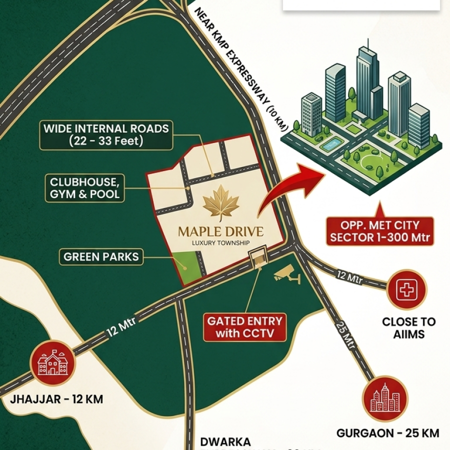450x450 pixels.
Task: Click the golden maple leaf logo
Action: tap(221, 203)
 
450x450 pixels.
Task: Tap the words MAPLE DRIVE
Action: tap(221, 233)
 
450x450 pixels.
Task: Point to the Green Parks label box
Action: tap(101, 257)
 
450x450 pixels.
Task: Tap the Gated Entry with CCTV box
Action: tap(245, 327)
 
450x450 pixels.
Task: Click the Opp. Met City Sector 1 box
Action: tap(379, 231)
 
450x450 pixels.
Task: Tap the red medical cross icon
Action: tap(406, 289)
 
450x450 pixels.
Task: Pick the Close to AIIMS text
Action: tap(408, 328)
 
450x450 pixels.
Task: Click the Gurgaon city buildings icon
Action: tap(385, 398)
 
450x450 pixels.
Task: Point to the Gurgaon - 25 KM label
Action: tap(388, 433)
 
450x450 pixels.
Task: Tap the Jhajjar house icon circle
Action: tap(52, 363)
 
